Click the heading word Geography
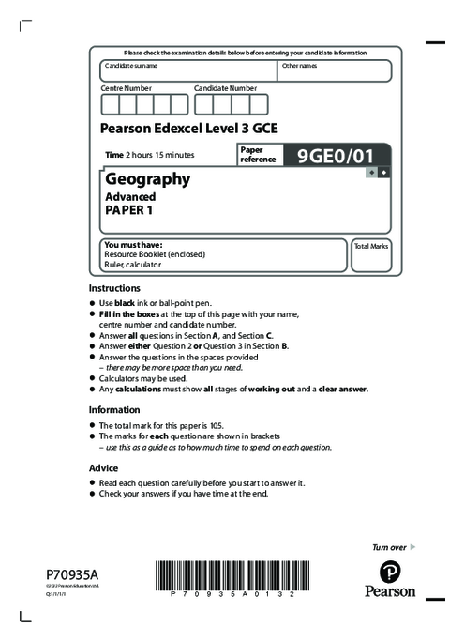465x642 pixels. (x=148, y=178)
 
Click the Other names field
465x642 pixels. (x=334, y=71)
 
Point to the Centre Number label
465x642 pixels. (x=126, y=87)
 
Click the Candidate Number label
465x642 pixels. (x=225, y=87)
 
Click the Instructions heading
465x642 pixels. (x=114, y=287)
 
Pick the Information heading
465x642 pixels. (x=113, y=409)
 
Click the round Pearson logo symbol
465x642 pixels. (x=389, y=572)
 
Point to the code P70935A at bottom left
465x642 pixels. (x=71, y=573)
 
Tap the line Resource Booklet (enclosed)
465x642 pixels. (x=155, y=254)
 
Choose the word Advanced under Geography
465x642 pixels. (x=130, y=197)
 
